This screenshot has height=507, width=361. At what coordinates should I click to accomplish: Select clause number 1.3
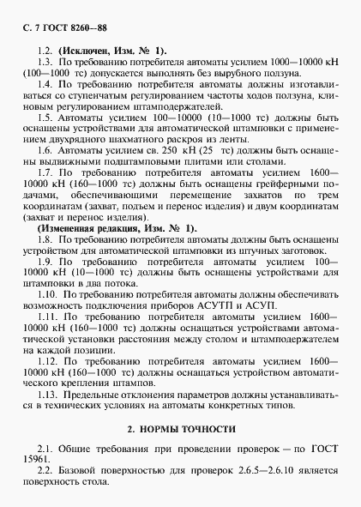tap(46, 63)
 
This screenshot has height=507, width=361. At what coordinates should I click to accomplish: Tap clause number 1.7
tap(46, 177)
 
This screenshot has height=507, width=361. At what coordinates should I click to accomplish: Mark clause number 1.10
tap(49, 293)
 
